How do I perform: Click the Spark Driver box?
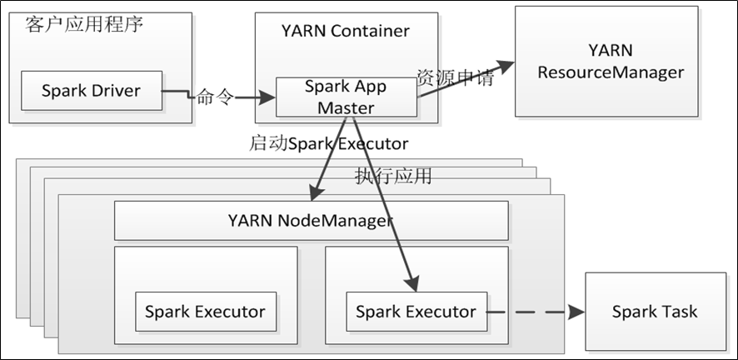point(92,91)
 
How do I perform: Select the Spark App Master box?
point(345,97)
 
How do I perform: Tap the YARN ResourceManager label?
point(611,62)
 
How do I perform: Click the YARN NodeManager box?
point(311,221)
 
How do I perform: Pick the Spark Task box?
point(655,312)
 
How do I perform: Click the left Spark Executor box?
point(205,312)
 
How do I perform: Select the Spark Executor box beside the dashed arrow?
point(416,312)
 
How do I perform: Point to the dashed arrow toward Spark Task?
point(533,312)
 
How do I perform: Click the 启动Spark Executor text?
point(329,143)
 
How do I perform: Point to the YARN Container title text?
point(346,31)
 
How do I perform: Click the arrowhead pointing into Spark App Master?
point(268,97)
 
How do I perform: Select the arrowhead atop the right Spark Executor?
point(411,286)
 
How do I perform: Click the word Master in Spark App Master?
point(346,107)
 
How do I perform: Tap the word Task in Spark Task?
point(681,312)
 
